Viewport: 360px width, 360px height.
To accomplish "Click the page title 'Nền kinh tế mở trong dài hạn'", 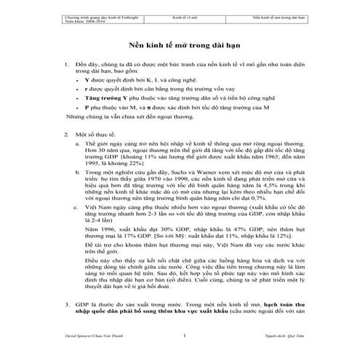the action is (180, 44).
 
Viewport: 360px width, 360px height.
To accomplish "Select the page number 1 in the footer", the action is (185, 336).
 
